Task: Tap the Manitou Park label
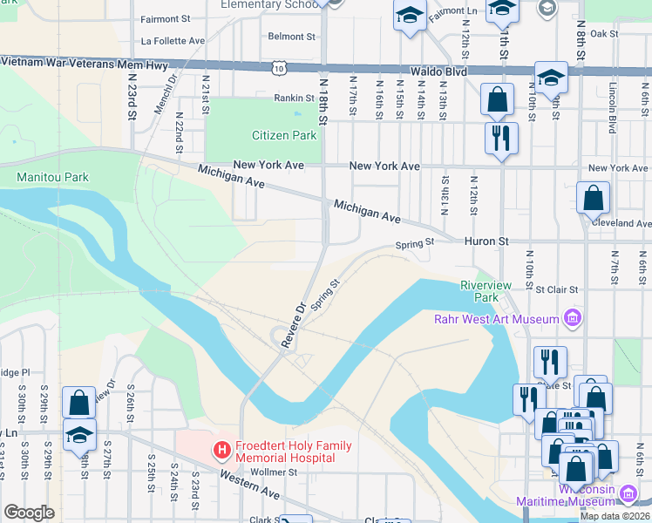pos(52,177)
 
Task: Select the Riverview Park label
pos(479,290)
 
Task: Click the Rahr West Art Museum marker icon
pos(572,316)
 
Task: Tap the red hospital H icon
pos(221,452)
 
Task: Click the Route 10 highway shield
pos(277,66)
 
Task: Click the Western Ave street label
pos(249,486)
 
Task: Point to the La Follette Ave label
pos(173,40)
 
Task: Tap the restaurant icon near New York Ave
pos(501,138)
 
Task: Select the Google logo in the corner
pos(29,513)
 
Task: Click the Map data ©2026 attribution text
pos(614,516)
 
